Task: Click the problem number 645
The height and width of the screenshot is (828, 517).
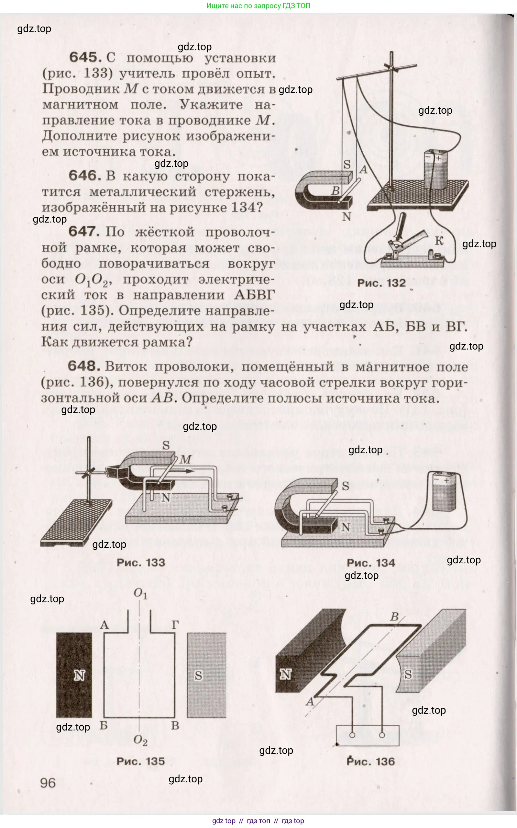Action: pos(85,57)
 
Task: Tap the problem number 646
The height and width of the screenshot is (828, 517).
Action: pos(84,176)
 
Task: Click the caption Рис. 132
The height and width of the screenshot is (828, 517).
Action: pos(381,283)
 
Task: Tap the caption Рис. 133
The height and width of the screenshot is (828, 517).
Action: pos(141,563)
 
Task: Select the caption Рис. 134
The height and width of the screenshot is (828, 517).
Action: pos(371,563)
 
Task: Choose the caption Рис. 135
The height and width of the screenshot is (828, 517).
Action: pos(140,761)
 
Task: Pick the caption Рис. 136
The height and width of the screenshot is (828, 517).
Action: pos(371,762)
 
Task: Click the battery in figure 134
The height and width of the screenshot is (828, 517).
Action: pos(444,491)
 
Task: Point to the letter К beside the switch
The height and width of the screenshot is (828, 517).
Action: pos(439,241)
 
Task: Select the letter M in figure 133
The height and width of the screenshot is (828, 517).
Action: pos(185,459)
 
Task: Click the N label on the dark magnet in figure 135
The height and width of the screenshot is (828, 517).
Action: pos(79,675)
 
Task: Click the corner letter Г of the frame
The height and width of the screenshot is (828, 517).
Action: pos(175,625)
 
